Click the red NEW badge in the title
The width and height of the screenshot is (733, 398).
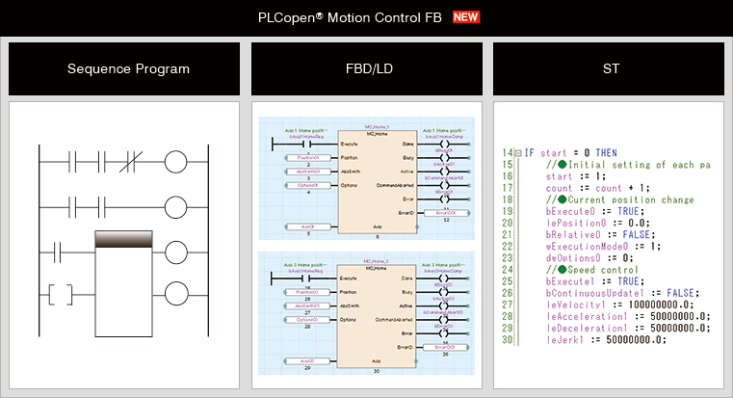466,17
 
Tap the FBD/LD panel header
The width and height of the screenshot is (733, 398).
366,69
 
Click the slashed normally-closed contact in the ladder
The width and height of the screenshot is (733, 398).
133,162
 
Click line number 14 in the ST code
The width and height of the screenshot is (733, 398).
508,153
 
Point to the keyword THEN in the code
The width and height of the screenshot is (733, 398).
607,153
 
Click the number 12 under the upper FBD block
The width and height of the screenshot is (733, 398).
445,221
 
